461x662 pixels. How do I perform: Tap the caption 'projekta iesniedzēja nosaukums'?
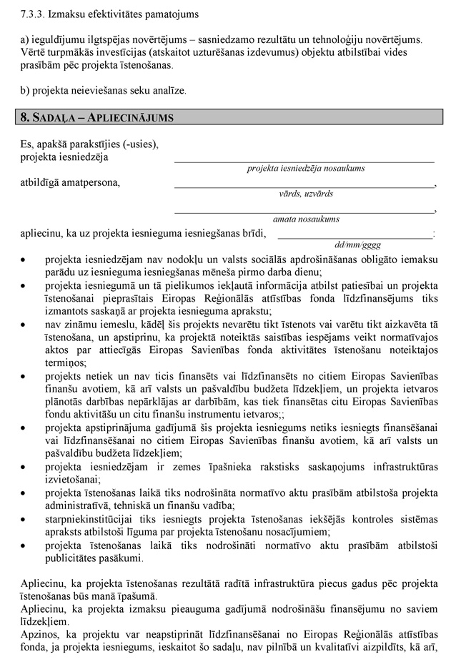coord(306,168)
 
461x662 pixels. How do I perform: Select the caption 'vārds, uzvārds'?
coord(306,194)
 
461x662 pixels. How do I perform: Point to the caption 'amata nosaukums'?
coord(306,219)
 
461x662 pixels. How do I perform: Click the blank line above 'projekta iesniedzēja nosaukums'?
coord(304,162)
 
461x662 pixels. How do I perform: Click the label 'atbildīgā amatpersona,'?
coord(70,182)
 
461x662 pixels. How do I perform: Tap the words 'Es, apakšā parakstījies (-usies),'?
coord(89,144)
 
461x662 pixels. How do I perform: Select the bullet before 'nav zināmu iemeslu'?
coord(26,324)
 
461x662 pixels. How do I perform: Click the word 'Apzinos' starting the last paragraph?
coord(39,635)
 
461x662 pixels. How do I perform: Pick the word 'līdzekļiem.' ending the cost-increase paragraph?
coord(46,622)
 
